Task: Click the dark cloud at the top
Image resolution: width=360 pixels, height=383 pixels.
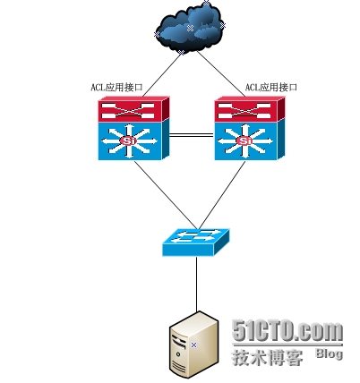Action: pyautogui.click(x=190, y=29)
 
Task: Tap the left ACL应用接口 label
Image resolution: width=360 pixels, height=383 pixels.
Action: pyautogui.click(x=116, y=88)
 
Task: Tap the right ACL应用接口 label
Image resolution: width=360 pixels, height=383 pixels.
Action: pyautogui.click(x=271, y=88)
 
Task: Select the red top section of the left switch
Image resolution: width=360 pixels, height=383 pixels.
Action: pyautogui.click(x=133, y=109)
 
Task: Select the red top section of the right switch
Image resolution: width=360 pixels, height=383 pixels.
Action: pyautogui.click(x=250, y=109)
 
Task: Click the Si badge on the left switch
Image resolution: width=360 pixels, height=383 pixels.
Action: pyautogui.click(x=128, y=140)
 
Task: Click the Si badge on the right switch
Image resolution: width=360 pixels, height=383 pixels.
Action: pyautogui.click(x=244, y=140)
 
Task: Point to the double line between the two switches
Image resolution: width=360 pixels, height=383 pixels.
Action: pyautogui.click(x=192, y=136)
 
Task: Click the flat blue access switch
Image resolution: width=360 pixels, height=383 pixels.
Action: pyautogui.click(x=196, y=243)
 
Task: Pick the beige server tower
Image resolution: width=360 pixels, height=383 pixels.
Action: pyautogui.click(x=194, y=345)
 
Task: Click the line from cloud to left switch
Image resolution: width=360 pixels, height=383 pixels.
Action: pyautogui.click(x=161, y=75)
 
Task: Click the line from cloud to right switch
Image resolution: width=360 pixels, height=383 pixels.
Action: pyautogui.click(x=221, y=74)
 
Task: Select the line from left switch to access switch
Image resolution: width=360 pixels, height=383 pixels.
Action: pyautogui.click(x=166, y=195)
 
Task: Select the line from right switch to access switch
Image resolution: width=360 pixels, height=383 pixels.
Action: pyautogui.click(x=222, y=195)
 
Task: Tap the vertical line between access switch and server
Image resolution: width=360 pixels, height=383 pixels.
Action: pyautogui.click(x=197, y=284)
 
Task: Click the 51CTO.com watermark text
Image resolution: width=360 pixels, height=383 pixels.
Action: pyautogui.click(x=287, y=331)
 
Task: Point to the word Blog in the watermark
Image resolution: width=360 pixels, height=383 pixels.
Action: pyautogui.click(x=330, y=353)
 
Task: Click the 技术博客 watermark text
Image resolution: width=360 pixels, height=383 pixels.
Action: pyautogui.click(x=268, y=357)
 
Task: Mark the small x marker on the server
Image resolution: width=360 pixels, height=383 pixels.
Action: pyautogui.click(x=194, y=345)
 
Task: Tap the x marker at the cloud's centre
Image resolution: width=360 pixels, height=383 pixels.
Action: pyautogui.click(x=190, y=29)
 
